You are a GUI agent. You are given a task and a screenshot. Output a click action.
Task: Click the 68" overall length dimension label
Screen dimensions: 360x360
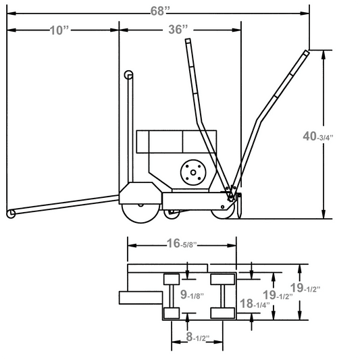[161, 10]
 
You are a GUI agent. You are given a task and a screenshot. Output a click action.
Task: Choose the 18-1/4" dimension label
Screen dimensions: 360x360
[255, 304]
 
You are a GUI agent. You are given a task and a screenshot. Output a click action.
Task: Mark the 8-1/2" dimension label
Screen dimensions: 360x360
[197, 337]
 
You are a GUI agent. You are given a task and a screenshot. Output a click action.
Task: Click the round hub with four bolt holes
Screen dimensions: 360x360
[193, 173]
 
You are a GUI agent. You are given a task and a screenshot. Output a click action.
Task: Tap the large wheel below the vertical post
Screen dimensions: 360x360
[141, 211]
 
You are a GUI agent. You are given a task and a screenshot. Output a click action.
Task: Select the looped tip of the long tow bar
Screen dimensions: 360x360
[11, 214]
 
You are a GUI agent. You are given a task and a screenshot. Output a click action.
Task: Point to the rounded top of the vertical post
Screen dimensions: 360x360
[129, 75]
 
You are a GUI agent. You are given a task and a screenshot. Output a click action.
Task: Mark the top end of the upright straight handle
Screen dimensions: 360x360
[188, 41]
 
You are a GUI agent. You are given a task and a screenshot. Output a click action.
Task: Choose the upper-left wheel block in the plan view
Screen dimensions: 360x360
[172, 280]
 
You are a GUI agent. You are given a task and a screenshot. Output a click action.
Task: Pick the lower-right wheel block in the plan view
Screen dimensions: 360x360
[221, 313]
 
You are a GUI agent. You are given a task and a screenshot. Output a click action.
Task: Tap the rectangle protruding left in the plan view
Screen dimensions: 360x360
[140, 297]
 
